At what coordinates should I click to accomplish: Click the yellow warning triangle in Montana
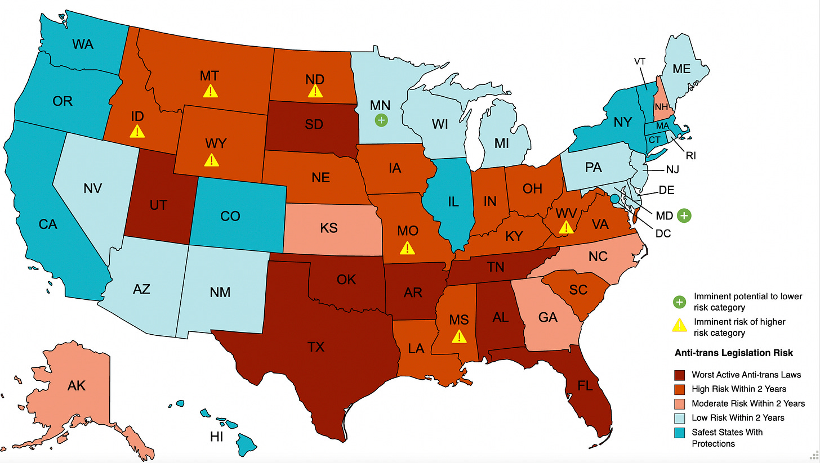(210, 91)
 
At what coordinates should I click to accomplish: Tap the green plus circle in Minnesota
(381, 120)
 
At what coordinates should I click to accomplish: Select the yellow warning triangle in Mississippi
(460, 336)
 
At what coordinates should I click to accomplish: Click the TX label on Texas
(317, 347)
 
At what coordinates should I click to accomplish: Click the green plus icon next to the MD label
(684, 215)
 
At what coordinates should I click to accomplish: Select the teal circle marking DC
(614, 198)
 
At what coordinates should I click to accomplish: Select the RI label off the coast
(690, 156)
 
